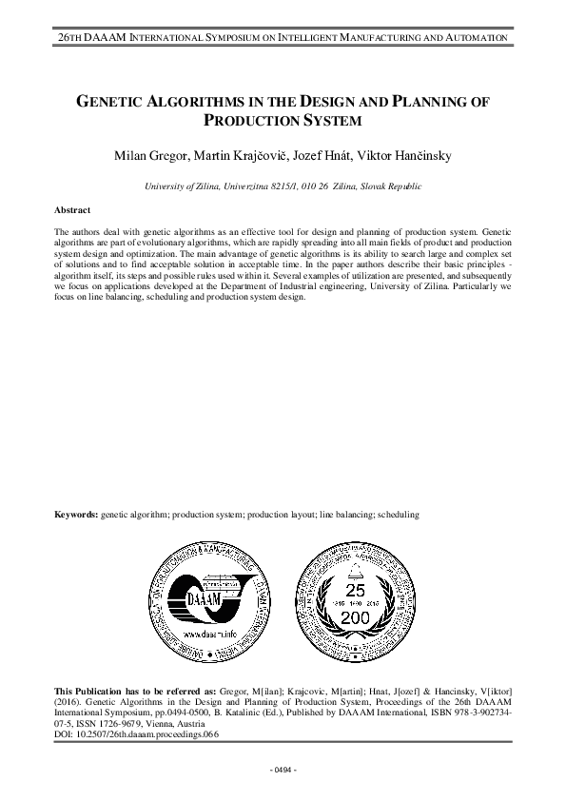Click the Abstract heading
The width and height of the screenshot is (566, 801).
[73, 209]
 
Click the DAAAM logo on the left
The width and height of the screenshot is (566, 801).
[202, 598]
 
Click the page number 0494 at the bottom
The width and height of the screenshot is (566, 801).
[283, 768]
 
